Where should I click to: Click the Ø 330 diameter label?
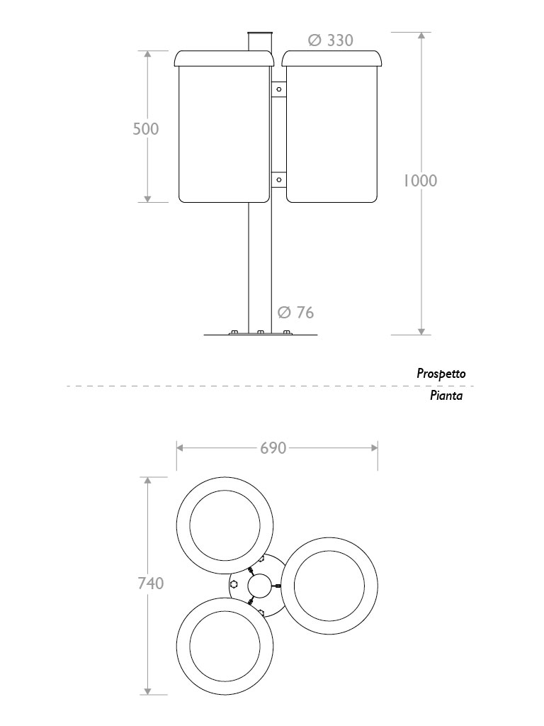331,40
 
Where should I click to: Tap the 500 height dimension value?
146,128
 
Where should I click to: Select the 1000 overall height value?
420,181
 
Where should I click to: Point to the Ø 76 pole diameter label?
295,312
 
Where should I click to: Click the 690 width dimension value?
273,448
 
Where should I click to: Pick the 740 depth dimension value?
149,583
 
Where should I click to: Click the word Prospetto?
441,373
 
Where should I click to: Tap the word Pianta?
446,396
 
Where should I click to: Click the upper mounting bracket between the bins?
278,89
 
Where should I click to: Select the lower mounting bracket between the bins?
278,180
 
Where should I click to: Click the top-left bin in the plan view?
225,525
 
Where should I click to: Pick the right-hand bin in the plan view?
329,586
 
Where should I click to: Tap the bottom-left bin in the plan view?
225,645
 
